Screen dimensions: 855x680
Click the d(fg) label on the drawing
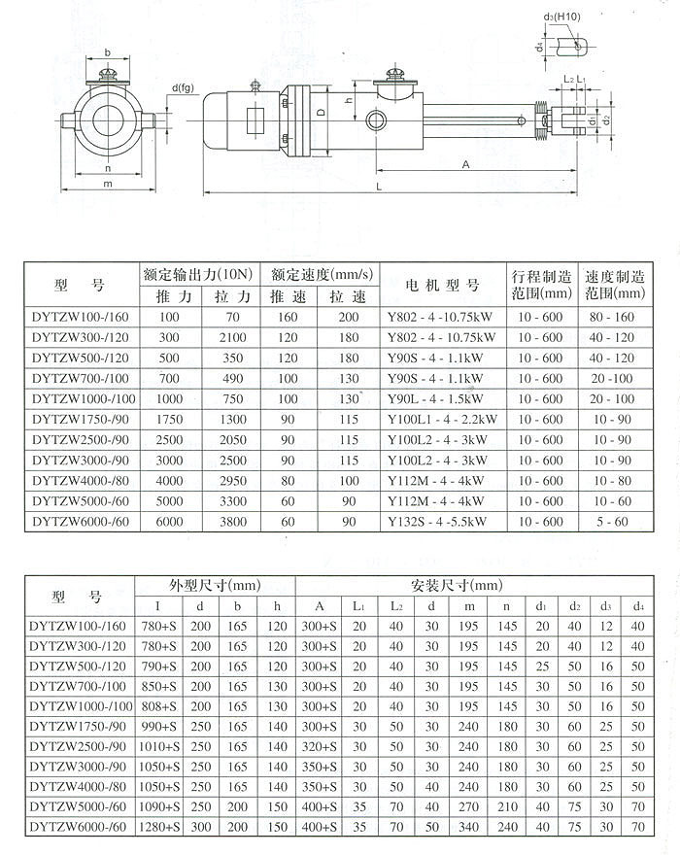tap(183, 87)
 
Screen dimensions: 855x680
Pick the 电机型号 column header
tap(441, 286)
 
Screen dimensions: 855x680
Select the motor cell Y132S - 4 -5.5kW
tap(441, 522)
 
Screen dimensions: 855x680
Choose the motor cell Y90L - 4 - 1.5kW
tap(441, 399)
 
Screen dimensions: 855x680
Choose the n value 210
tap(506, 806)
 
